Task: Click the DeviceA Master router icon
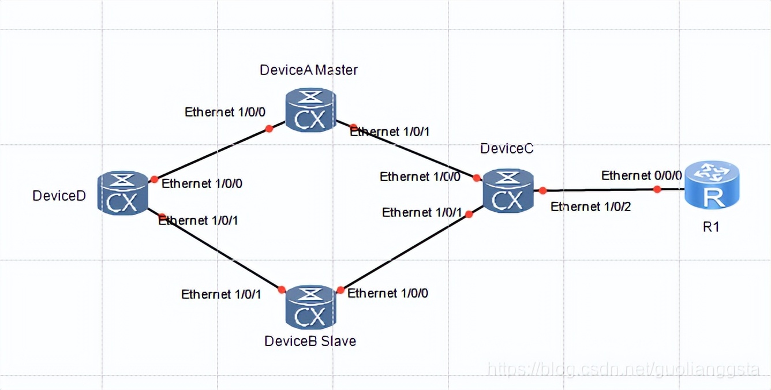pos(310,110)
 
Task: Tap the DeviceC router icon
pos(508,192)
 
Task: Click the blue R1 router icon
pos(712,185)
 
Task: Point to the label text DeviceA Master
pos(309,70)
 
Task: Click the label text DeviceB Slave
pos(310,341)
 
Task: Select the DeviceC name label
pos(507,148)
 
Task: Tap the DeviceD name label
pos(59,196)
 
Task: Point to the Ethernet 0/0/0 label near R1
pos(642,175)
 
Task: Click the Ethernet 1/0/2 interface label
pos(591,207)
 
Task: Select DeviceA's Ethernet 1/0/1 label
pos(390,132)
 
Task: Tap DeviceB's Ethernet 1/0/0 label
pos(388,293)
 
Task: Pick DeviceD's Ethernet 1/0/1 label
pos(199,220)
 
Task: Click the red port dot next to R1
pos(657,189)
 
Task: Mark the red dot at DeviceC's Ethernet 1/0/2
pos(543,190)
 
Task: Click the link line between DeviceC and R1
pos(600,190)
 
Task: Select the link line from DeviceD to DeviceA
pos(211,154)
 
